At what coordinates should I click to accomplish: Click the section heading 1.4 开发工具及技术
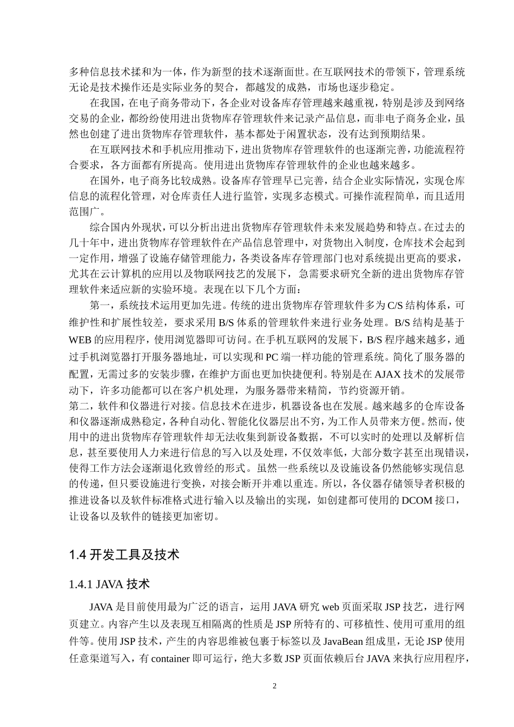tap(124, 554)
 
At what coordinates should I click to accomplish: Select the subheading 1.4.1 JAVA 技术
tap(109, 584)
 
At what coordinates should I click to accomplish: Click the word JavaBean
tap(345, 642)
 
